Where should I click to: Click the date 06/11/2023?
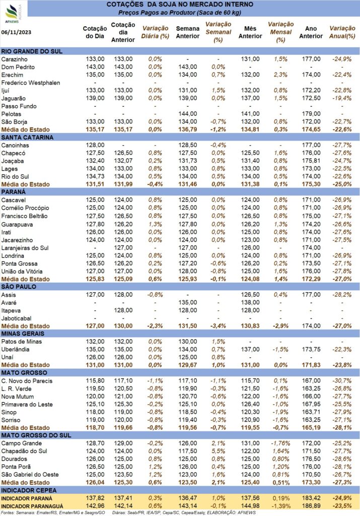17,32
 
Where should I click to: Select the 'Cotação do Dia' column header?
95,32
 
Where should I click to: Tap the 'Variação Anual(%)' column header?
342,32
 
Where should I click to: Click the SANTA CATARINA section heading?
27,137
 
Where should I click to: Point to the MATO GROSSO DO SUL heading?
36,435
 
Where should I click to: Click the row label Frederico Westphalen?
31,83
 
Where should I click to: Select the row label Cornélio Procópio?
25,208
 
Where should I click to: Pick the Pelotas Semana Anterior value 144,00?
188,114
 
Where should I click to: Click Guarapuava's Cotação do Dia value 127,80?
95,224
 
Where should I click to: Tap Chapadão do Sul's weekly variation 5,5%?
219,451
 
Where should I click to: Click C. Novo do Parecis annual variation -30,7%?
342,381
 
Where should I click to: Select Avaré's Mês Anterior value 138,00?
250,302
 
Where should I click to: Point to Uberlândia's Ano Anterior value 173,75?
311,350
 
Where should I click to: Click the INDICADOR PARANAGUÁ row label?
32,506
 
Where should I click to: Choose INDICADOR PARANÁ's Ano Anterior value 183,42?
311,498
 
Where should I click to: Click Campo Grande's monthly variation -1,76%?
280,443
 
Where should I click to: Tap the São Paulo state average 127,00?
95,326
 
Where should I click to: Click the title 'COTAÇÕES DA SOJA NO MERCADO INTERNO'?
180,5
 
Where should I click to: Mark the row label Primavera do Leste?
27,405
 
